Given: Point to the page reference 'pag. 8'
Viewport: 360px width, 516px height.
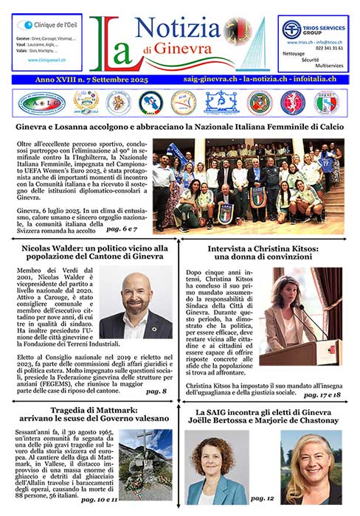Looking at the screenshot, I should coord(156,390).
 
